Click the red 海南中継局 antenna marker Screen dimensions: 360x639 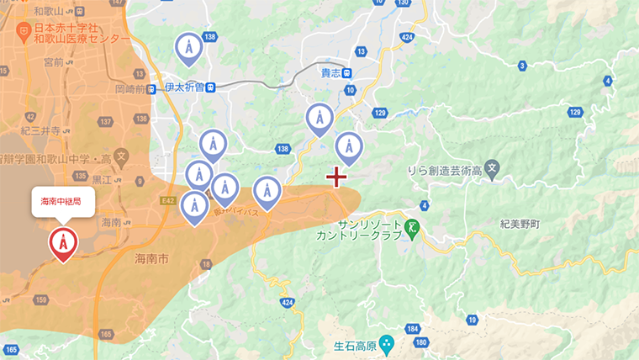tap(63, 242)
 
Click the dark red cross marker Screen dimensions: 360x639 tap(337, 177)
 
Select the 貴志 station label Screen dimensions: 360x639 tap(332, 73)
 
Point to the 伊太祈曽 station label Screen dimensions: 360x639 tap(186, 87)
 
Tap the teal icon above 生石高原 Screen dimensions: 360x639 tap(386, 342)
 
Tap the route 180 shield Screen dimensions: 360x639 tap(421, 342)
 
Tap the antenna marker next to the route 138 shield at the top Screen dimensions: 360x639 tap(188, 49)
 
